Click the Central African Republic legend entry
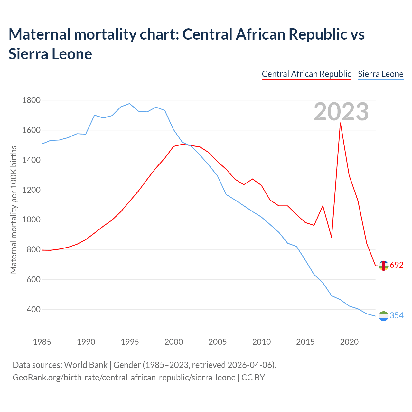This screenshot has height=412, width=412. pos(306,74)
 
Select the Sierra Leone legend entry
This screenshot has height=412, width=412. pos(380,74)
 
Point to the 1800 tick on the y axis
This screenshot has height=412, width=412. pos(31,100)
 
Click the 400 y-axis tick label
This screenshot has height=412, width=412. pos(33,310)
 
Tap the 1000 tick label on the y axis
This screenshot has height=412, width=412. pos(31,220)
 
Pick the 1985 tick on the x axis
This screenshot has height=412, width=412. pos(42,342)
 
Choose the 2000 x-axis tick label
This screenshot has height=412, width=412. pos(173,342)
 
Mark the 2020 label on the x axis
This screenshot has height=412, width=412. pos(349,342)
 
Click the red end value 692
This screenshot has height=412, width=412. pos(397,265)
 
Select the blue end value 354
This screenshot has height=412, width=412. pos(397,316)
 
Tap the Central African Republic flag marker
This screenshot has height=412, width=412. pos(383,266)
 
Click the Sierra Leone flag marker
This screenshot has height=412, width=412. pos(383,316)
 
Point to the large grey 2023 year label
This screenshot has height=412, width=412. pos(341,112)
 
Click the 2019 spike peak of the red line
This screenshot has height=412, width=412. pos(340,123)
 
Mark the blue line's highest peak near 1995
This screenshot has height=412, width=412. pos(129,104)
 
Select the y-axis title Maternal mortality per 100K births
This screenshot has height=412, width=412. pos(14,210)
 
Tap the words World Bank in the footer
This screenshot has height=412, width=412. pos(86,365)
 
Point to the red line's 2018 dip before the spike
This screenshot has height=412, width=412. pos(332,237)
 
